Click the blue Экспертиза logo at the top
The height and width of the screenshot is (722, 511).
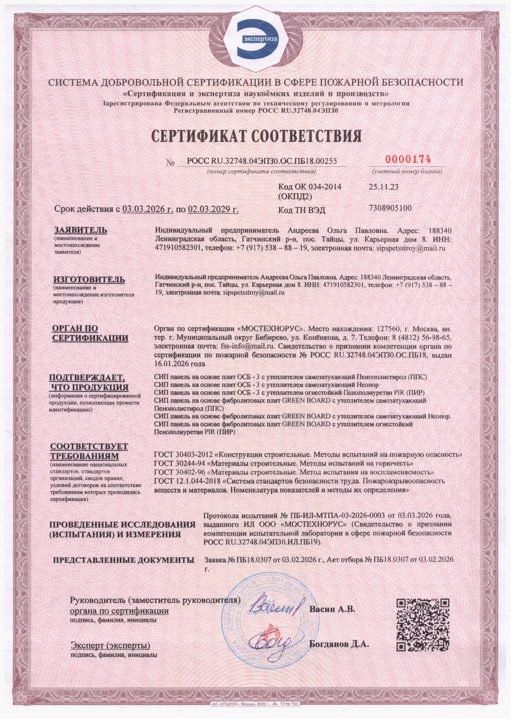point(256,38)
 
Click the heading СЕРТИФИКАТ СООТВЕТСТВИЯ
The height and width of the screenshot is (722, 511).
point(256,136)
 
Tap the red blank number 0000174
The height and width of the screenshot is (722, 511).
point(408,159)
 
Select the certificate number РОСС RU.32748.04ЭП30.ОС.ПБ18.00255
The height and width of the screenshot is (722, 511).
point(262,161)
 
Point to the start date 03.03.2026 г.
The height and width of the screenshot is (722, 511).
point(147,209)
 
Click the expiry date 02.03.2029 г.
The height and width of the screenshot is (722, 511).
point(213,209)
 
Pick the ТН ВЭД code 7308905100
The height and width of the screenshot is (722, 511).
point(390,208)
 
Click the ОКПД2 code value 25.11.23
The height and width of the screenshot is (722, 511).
point(383,186)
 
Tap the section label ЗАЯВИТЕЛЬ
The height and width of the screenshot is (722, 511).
point(81,230)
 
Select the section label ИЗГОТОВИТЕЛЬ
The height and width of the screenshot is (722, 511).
point(89,279)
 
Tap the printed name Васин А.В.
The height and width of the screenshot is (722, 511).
point(332,609)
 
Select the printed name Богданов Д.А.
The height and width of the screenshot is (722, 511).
point(339,644)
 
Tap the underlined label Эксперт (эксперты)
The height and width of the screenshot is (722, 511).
point(110,645)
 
